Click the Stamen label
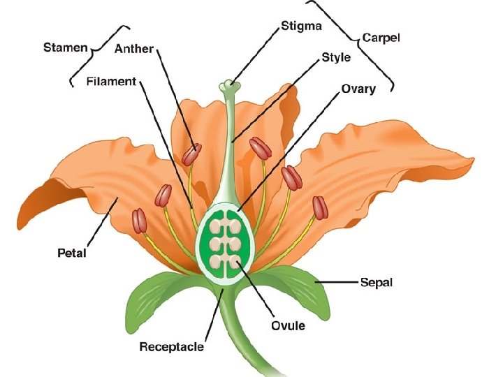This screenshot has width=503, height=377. [66, 48]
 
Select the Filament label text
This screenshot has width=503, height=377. [111, 82]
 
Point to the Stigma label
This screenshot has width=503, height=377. [301, 27]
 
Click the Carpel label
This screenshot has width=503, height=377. [381, 38]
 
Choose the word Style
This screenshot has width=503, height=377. [336, 58]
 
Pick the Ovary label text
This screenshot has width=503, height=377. [358, 89]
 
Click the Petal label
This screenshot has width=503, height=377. [72, 253]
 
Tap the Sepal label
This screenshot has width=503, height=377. [377, 282]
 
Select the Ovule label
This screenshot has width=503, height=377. [288, 325]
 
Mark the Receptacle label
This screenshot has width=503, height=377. [171, 346]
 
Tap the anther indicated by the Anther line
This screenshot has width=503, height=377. [191, 154]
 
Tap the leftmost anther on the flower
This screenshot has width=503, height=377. [140, 221]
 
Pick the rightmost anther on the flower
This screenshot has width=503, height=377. [320, 207]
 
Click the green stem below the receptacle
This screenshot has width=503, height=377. [238, 335]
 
